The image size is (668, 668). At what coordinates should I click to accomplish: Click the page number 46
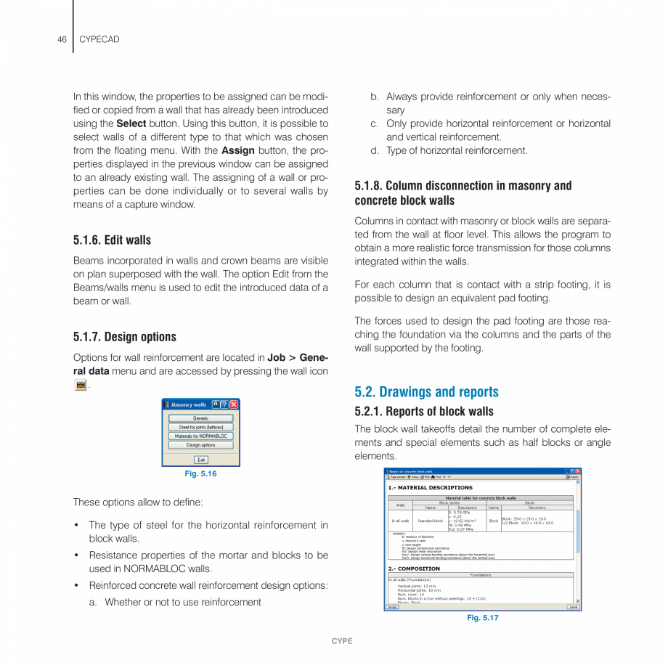(62, 39)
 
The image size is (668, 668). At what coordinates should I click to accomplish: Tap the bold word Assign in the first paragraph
(237, 150)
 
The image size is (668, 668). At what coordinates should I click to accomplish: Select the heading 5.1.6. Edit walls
(112, 240)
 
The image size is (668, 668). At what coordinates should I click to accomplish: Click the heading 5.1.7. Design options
(124, 337)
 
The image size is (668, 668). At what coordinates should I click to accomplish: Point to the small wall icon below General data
(81, 385)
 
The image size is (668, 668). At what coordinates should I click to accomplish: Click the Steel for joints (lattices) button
(200, 427)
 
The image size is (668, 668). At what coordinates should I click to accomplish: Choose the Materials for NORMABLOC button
(200, 436)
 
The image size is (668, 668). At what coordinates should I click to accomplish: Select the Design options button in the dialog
(200, 445)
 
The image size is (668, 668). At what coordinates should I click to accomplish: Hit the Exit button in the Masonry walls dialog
(201, 460)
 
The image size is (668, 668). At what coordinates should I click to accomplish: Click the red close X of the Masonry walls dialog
(235, 404)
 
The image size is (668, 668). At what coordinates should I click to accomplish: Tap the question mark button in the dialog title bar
(225, 404)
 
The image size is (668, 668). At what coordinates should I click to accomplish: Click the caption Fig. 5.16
(200, 474)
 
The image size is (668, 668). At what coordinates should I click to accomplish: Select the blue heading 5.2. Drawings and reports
(426, 392)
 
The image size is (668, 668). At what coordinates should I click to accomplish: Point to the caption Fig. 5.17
(482, 618)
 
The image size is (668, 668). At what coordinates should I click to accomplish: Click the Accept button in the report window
(391, 607)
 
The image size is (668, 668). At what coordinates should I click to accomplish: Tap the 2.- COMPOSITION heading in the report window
(414, 569)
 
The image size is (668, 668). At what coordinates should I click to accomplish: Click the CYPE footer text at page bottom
(342, 641)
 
